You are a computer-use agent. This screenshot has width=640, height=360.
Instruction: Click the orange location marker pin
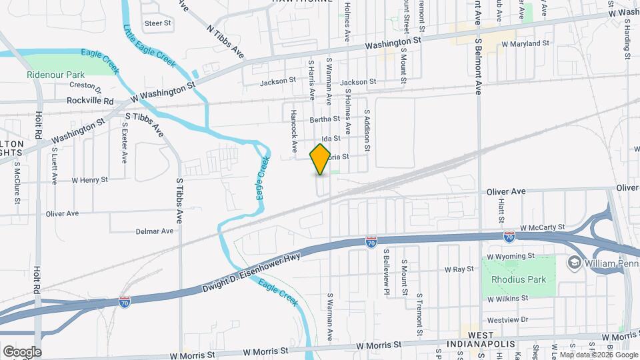click(x=320, y=159)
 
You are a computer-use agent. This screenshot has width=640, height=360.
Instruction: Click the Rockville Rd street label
click(x=91, y=101)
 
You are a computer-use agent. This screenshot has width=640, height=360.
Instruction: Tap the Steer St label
click(x=158, y=23)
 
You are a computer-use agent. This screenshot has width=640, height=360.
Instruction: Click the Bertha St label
click(x=325, y=120)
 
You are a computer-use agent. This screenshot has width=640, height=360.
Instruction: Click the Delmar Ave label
click(x=155, y=231)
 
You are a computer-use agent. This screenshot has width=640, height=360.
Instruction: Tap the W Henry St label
click(x=89, y=180)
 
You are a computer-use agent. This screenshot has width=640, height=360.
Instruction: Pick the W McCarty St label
click(x=543, y=227)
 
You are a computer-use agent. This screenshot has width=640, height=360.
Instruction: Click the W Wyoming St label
click(x=511, y=255)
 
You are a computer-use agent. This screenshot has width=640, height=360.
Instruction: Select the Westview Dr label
click(x=509, y=319)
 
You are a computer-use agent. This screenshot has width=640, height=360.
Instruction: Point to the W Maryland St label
click(x=525, y=43)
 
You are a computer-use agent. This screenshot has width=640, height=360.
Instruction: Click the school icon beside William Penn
click(x=573, y=264)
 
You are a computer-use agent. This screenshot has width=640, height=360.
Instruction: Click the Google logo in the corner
click(x=22, y=351)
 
